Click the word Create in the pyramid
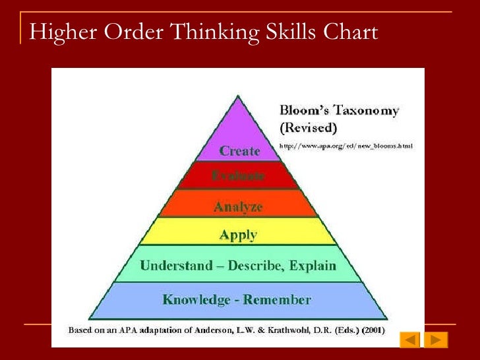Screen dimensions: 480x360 [239, 151]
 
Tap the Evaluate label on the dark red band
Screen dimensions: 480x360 [239, 176]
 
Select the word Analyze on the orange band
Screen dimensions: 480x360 [238, 207]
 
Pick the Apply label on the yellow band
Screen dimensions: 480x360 [238, 235]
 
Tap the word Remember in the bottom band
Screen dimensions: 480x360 [278, 299]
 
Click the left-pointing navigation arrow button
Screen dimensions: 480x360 [410, 340]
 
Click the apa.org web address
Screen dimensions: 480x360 [347, 146]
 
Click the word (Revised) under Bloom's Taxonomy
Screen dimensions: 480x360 [309, 126]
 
